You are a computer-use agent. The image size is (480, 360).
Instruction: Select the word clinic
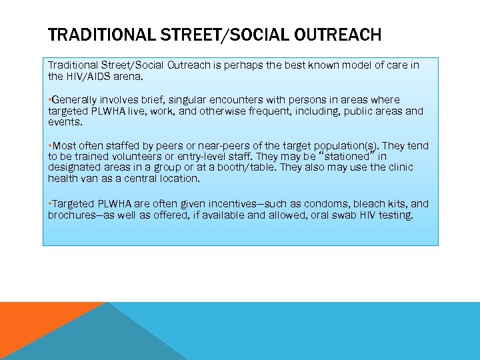(x=398, y=167)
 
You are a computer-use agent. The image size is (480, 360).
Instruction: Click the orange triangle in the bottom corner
(x=33, y=327)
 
